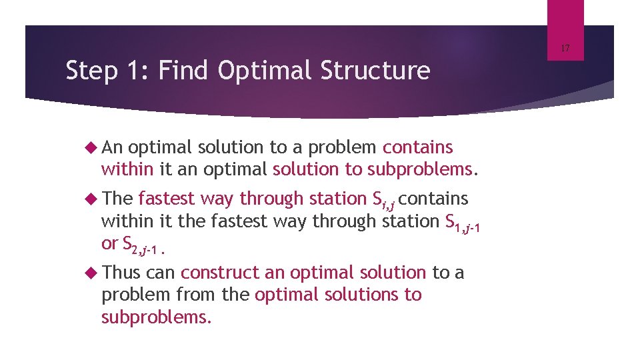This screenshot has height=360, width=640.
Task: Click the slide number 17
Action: coord(565,48)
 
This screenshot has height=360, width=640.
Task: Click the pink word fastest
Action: coord(167,199)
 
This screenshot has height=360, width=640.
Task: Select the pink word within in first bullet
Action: coord(127,169)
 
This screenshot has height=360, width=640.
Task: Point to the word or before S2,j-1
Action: coord(109,244)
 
